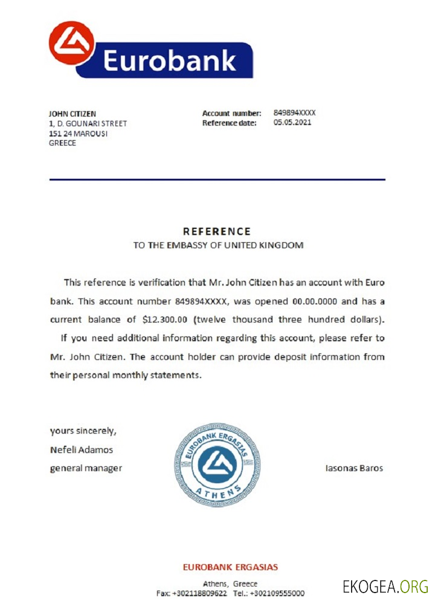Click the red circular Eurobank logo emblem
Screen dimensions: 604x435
pos(72,43)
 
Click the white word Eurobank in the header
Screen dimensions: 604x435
pos(169,61)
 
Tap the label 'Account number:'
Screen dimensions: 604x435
pos(232,113)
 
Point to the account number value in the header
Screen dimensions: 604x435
pos(295,113)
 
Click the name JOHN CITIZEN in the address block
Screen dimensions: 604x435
pos(72,114)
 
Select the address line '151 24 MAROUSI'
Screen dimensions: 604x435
pos(78,133)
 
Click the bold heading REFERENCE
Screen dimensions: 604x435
pos(217,231)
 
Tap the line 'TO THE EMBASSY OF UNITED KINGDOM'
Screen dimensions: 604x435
pos(218,246)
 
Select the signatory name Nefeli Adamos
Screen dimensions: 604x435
pos(82,449)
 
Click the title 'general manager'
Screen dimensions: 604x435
pos(86,468)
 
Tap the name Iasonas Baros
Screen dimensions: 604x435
pos(354,468)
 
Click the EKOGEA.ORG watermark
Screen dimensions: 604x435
pos(385,586)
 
